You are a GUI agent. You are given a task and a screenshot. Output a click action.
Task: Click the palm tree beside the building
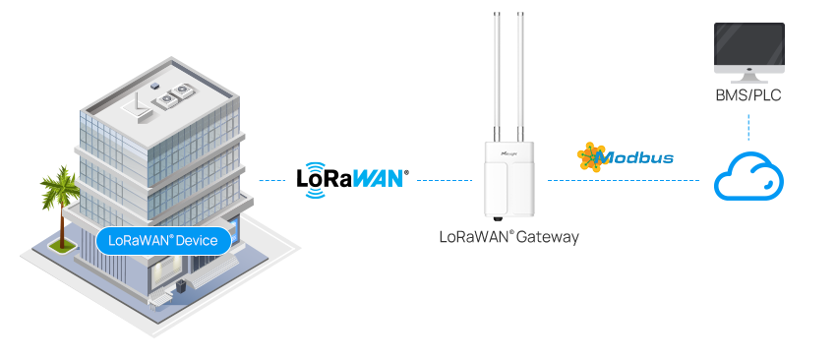pos(60,196)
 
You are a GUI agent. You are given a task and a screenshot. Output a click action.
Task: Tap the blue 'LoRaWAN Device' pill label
pos(164,240)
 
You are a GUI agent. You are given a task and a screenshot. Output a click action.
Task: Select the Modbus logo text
pos(636,157)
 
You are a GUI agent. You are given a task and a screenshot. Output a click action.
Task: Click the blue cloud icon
pos(748,177)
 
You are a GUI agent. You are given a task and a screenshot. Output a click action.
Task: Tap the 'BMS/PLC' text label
pos(748,96)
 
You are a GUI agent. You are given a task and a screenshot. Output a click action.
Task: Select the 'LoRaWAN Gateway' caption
pos(508,237)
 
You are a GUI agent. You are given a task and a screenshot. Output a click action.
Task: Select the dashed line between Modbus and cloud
pos(623,180)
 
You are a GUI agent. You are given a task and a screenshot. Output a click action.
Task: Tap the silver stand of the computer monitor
pos(748,75)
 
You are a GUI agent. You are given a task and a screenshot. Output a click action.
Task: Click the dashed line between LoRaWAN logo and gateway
pos(445,180)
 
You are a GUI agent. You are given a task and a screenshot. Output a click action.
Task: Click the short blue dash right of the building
pos(262,180)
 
